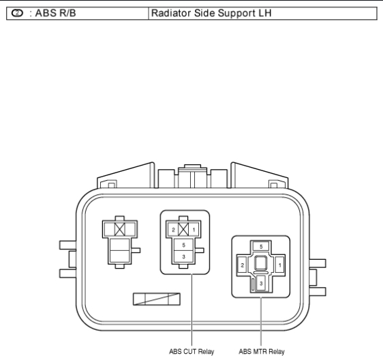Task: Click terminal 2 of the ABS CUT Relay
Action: point(173,230)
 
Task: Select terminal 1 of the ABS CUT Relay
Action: point(194,230)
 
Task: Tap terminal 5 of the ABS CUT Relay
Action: point(184,245)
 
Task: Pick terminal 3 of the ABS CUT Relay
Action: point(184,256)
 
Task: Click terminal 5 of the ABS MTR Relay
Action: point(261,247)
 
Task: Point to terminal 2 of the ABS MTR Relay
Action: point(242,265)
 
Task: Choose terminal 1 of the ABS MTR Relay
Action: point(280,265)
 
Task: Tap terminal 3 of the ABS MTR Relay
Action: point(261,283)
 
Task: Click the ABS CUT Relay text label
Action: point(191,351)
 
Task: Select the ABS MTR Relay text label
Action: point(262,351)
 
